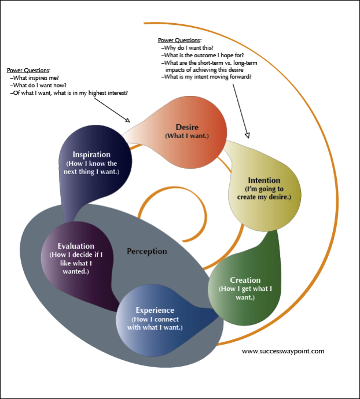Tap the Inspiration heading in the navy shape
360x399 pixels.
91,154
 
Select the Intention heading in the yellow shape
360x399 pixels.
264,180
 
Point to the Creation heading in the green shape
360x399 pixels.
245,280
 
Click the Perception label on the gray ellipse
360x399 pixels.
147,252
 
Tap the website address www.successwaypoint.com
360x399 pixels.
283,350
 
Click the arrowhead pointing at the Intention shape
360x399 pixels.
247,135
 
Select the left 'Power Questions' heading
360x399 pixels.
28,70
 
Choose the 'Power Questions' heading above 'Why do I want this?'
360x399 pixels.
179,40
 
